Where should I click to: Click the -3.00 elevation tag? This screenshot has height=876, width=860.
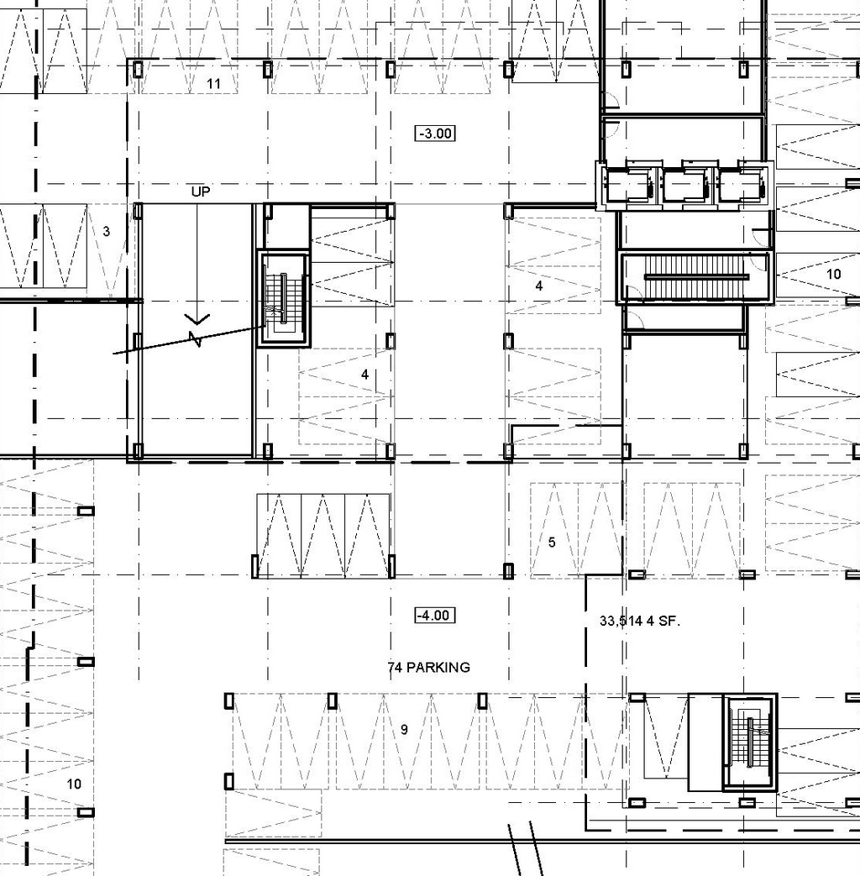click(435, 133)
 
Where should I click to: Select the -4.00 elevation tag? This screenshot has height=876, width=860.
click(435, 616)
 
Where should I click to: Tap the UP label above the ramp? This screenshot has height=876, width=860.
click(201, 191)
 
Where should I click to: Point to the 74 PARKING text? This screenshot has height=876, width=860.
click(429, 668)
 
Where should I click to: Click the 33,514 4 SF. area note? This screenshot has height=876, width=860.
click(639, 622)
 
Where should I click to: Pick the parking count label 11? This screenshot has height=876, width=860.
click(213, 83)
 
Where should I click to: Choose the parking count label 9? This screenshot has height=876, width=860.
click(404, 730)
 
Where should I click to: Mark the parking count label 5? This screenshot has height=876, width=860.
click(552, 543)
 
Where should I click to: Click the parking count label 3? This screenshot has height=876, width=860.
click(106, 231)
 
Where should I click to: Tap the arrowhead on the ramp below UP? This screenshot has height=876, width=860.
click(198, 319)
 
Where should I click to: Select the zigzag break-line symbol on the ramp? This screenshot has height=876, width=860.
click(196, 339)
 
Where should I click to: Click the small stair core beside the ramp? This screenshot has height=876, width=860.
click(284, 298)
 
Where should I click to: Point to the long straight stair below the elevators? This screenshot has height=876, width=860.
click(695, 277)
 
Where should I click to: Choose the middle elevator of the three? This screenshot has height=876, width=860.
click(685, 186)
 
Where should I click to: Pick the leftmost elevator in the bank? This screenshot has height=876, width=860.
click(629, 186)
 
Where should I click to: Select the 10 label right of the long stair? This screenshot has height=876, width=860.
click(833, 274)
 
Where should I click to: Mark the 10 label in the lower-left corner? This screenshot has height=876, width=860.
click(74, 784)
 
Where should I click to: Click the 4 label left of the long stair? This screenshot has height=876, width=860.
click(539, 286)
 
